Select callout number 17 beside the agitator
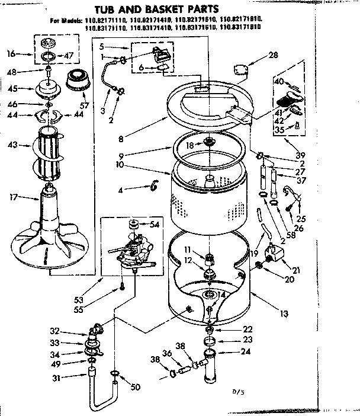[x=12, y=197]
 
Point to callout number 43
[x=12, y=144]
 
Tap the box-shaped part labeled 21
[x=276, y=254]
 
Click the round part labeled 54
[x=134, y=225]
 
